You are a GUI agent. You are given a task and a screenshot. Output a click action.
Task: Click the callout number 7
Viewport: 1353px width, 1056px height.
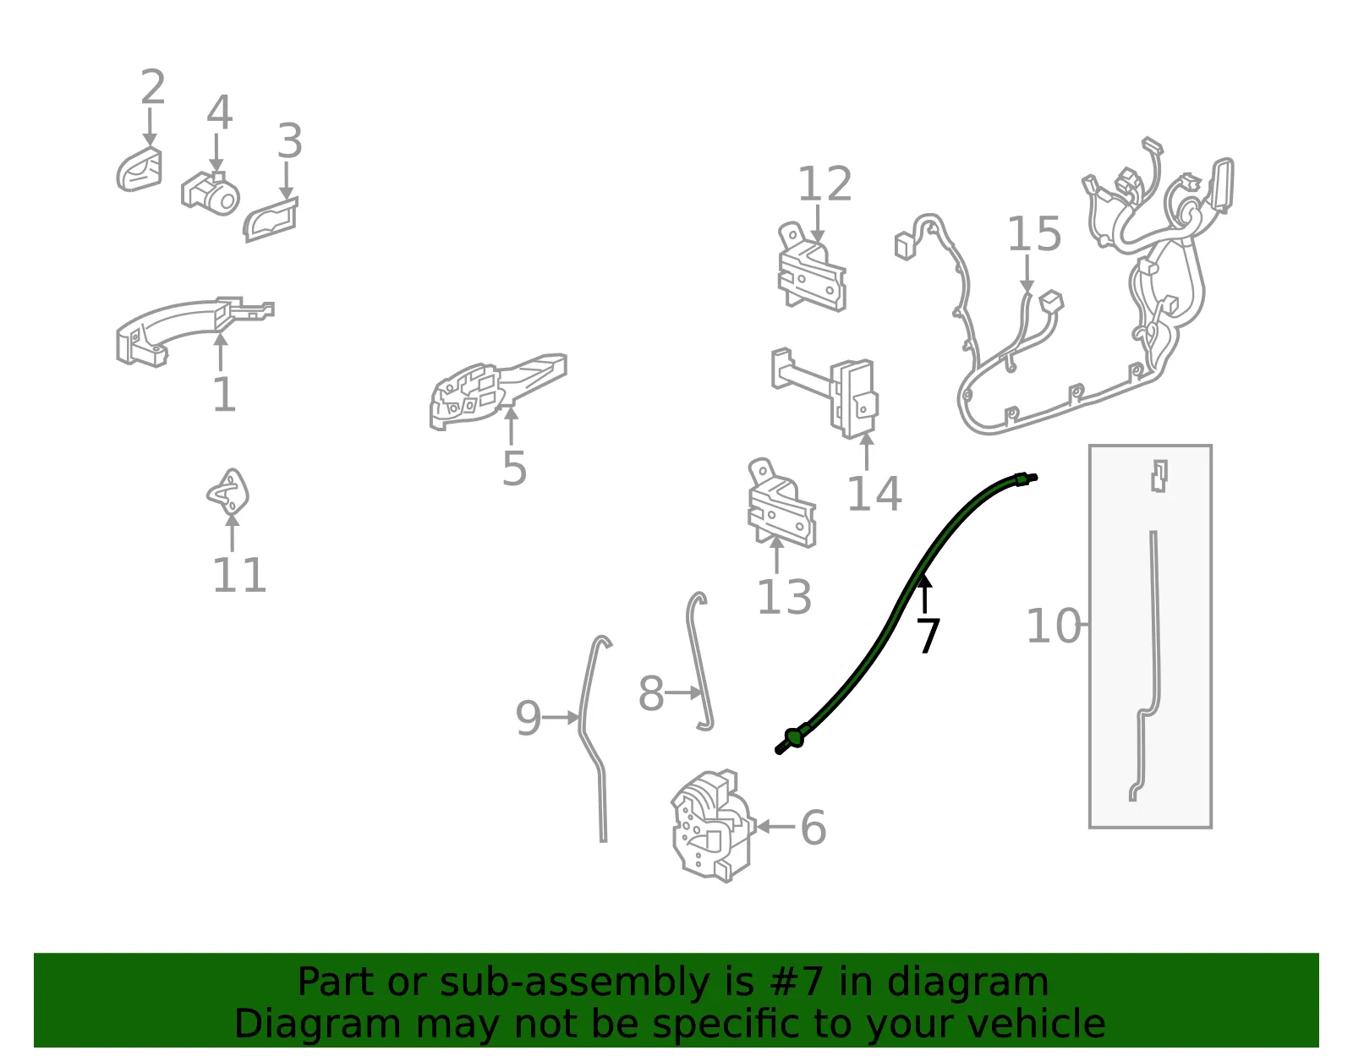pyautogui.click(x=928, y=635)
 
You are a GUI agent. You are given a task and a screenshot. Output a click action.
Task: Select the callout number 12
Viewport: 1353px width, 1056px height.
pyautogui.click(x=824, y=184)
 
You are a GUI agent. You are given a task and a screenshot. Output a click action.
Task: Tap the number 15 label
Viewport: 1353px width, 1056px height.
pyautogui.click(x=1033, y=234)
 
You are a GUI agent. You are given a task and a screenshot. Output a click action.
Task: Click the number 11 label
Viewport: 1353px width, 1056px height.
pyautogui.click(x=239, y=575)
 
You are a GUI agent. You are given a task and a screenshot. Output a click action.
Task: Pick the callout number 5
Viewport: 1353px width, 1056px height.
pyautogui.click(x=514, y=468)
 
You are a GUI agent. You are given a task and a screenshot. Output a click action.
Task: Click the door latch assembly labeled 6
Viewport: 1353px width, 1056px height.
pyautogui.click(x=712, y=826)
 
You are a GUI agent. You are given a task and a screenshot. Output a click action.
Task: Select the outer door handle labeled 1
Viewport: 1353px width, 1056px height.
pyautogui.click(x=194, y=331)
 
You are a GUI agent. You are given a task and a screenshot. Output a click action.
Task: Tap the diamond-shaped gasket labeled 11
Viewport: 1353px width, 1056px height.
pyautogui.click(x=227, y=494)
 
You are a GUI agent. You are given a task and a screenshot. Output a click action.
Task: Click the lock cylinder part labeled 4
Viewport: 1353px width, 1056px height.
pyautogui.click(x=211, y=194)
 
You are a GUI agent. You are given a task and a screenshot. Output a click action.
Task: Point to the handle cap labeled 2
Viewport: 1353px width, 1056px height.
pyautogui.click(x=140, y=170)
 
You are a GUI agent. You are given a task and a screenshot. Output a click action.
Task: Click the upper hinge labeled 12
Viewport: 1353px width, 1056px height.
pyautogui.click(x=811, y=267)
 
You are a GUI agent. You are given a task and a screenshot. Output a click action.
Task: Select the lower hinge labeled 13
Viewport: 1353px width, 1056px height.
pyautogui.click(x=781, y=503)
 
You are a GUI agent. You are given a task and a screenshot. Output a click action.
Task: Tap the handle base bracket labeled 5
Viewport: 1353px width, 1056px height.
pyautogui.click(x=498, y=391)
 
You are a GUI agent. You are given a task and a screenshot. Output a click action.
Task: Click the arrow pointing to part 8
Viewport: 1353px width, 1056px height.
pyautogui.click(x=683, y=692)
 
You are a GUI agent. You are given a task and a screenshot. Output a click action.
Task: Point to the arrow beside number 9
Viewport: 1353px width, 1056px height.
pyautogui.click(x=561, y=718)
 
